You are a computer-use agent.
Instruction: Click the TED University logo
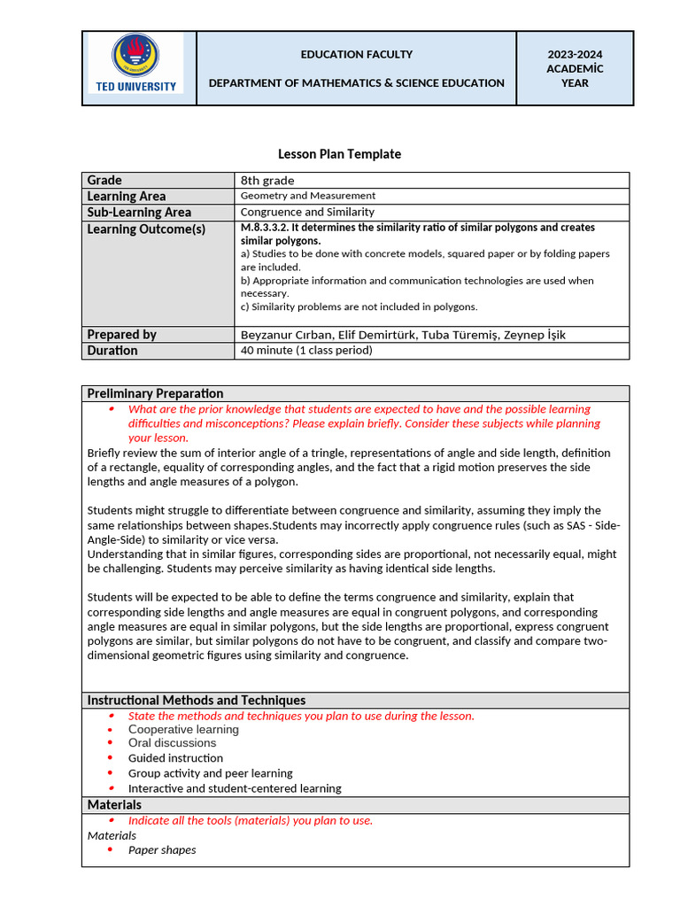[x=136, y=63]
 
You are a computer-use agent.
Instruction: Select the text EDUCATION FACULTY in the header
[x=356, y=55]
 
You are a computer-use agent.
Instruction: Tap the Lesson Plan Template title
[x=339, y=154]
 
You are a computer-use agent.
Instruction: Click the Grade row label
[x=105, y=180]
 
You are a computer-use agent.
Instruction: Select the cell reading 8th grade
[x=267, y=181]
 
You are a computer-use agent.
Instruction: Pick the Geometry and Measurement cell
[x=308, y=196]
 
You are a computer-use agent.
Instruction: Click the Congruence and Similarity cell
[x=307, y=212]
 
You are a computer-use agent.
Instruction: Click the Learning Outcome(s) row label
[x=146, y=229]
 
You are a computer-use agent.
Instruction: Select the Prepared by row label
[x=122, y=334]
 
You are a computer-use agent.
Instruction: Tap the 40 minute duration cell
[x=305, y=351]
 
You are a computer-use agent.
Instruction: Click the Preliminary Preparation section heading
[x=155, y=393]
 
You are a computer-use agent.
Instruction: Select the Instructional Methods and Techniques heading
[x=196, y=700]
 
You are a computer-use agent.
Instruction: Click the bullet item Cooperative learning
[x=183, y=730]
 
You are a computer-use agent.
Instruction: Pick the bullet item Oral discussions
[x=172, y=743]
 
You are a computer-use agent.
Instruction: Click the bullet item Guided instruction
[x=175, y=758]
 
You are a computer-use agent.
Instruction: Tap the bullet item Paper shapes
[x=162, y=850]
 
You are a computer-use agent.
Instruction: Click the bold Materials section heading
[x=114, y=804]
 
